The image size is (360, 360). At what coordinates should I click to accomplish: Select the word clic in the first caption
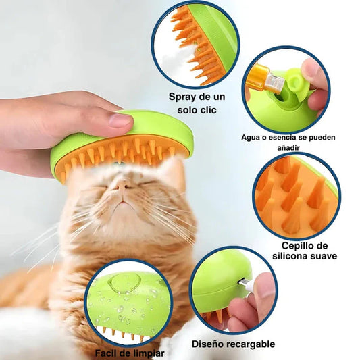(x=201, y=109)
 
